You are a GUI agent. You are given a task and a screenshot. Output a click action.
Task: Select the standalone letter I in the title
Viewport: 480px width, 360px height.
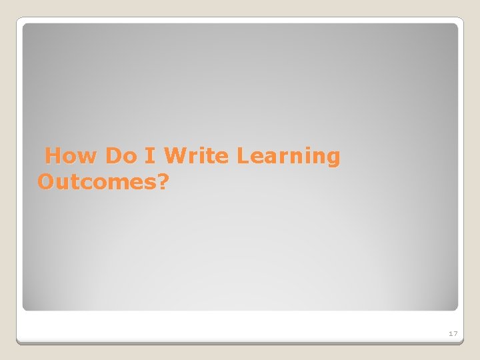pos(151,156)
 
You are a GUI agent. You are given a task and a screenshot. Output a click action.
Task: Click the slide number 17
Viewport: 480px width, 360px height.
pos(453,333)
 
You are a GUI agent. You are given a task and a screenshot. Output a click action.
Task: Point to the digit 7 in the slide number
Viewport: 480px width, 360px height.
pos(455,333)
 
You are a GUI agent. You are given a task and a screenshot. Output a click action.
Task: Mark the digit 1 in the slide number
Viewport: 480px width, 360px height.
pos(450,333)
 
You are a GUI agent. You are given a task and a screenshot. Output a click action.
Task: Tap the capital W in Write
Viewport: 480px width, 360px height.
pos(175,156)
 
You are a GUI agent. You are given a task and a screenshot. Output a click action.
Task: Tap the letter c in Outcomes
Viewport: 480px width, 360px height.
pos(83,183)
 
